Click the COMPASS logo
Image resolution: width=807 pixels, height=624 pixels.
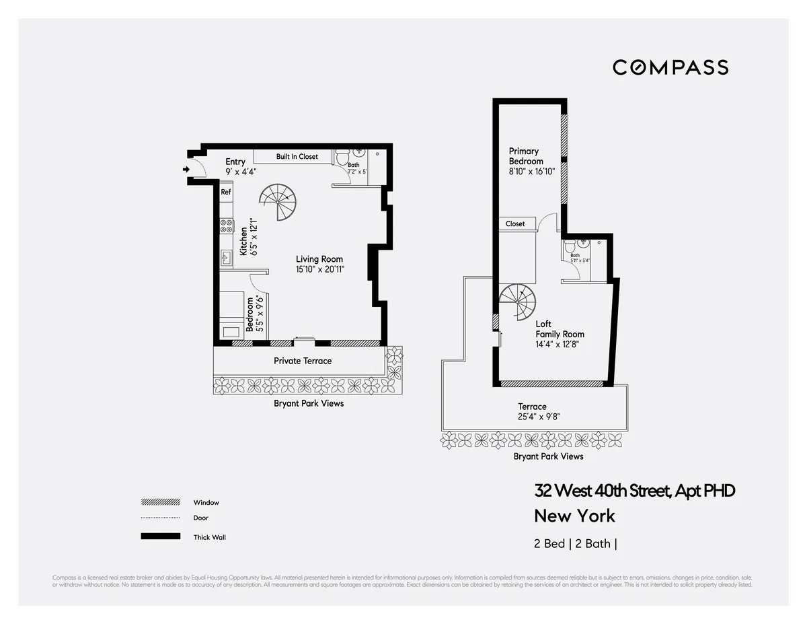pos(670,67)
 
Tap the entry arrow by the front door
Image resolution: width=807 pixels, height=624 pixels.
pos(186,170)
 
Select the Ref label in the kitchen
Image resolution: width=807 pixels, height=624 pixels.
pos(226,192)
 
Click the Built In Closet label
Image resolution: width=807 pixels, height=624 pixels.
pos(297,157)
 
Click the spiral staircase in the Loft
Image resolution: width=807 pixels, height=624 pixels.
pos(517,303)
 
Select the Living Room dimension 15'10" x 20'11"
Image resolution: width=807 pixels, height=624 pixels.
pos(319,269)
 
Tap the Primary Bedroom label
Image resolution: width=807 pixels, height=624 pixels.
pos(525,156)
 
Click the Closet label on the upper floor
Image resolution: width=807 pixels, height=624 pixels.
pos(515,223)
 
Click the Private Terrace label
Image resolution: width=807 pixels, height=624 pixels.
pos(303,361)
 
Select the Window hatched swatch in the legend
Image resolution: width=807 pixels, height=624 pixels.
pos(160,502)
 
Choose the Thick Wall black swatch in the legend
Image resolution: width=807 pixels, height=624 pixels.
pos(160,536)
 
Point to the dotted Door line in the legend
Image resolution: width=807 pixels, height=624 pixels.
pos(160,518)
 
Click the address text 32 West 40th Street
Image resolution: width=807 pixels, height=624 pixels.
pos(634,491)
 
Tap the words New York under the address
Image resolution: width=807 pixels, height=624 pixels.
pos(574,516)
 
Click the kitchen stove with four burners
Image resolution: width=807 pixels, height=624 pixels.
pos(227,226)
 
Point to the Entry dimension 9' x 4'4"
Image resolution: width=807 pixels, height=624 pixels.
pos(241,172)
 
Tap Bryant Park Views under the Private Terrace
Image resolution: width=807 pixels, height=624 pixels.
pos(309,403)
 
